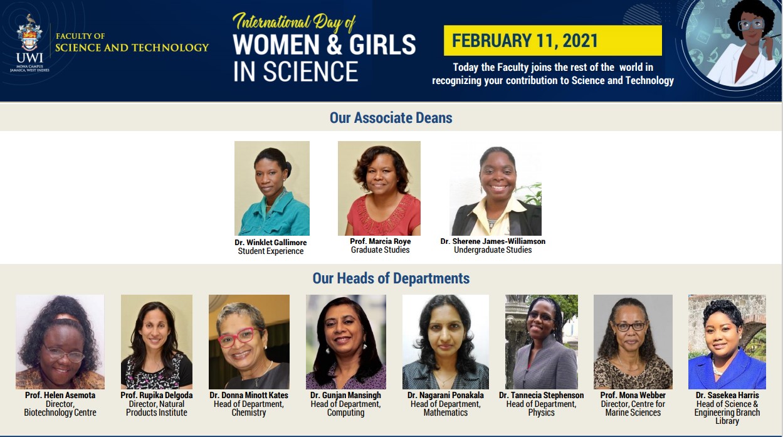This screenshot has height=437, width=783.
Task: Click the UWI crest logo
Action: (29, 33)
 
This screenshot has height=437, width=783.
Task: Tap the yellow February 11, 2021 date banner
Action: (553, 41)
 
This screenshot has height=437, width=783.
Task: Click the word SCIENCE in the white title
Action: (311, 71)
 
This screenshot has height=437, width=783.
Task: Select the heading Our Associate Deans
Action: (391, 118)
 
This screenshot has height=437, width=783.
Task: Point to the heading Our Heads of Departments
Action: (391, 278)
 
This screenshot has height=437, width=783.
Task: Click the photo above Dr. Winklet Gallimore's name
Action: (272, 188)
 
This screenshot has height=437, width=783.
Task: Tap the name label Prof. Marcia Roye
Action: (381, 241)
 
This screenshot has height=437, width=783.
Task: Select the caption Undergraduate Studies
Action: (493, 250)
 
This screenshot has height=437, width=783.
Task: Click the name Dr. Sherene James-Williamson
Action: (493, 241)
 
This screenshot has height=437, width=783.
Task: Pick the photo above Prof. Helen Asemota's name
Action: (60, 342)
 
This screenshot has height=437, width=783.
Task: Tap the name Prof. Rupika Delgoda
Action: (157, 395)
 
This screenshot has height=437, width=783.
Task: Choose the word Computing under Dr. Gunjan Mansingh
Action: (345, 413)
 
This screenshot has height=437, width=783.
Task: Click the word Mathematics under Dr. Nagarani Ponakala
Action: (446, 413)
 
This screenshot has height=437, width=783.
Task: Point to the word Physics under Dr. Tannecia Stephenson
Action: (542, 413)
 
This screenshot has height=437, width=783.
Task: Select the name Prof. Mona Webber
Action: (633, 395)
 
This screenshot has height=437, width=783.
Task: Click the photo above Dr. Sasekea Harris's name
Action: (727, 342)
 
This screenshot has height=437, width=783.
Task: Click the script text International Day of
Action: (294, 22)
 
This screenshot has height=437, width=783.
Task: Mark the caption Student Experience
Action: (271, 251)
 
